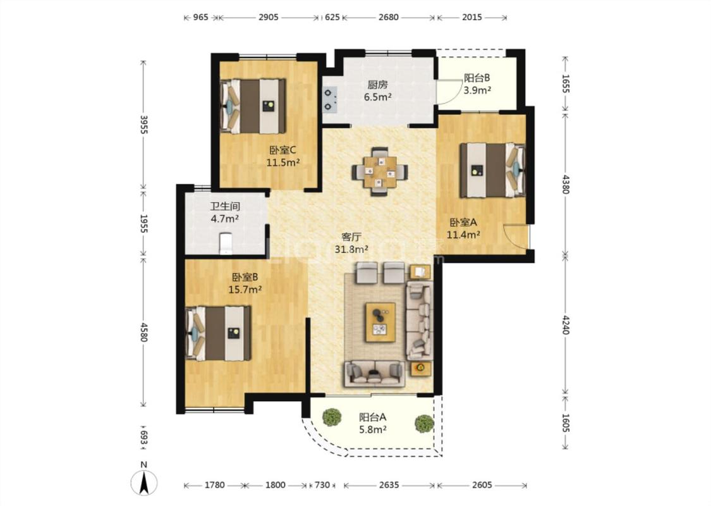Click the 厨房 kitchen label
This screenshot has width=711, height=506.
(x=377, y=84)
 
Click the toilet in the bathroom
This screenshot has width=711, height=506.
(x=226, y=244)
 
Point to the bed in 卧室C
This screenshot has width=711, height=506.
(x=253, y=107)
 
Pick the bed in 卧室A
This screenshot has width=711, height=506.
(x=492, y=170)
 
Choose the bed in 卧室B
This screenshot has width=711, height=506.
(x=218, y=333)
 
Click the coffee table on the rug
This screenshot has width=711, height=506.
(x=380, y=322)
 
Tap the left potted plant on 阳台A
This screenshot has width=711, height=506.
(x=332, y=417)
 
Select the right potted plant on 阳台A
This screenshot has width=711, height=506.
(x=425, y=423)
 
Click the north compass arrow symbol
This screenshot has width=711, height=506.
(x=144, y=483)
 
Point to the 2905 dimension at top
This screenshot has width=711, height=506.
(x=268, y=17)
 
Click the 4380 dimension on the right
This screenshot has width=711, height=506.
(x=565, y=184)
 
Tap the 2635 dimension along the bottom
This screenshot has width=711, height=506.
(x=389, y=485)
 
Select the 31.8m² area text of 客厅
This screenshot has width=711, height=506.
(x=351, y=249)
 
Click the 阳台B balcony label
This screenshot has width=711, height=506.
(x=477, y=78)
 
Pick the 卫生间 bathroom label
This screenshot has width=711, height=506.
(x=225, y=206)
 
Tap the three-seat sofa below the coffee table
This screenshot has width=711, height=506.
(x=375, y=374)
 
